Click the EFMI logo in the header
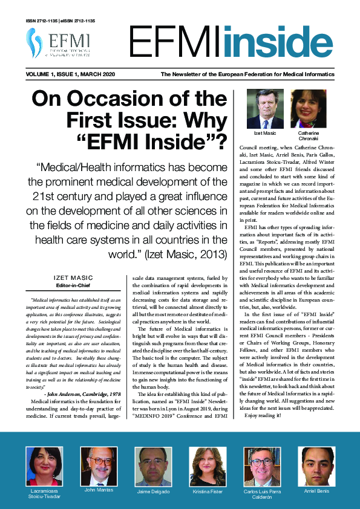(58, 43)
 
